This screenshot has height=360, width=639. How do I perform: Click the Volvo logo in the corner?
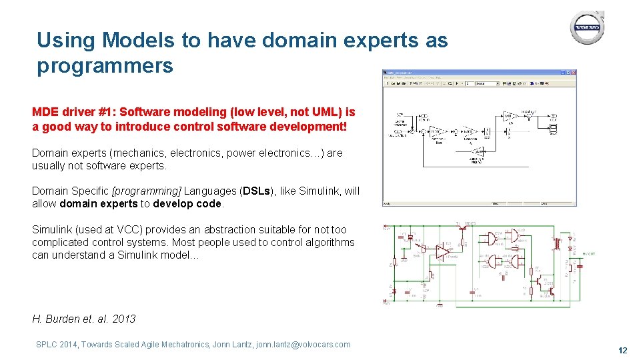587,29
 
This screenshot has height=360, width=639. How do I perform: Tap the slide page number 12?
622,350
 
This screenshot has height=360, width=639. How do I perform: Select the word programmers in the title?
105,66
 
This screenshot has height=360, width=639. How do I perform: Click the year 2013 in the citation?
123,319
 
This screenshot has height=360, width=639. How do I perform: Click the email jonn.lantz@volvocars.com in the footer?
303,345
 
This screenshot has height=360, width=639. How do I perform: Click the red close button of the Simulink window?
572,73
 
